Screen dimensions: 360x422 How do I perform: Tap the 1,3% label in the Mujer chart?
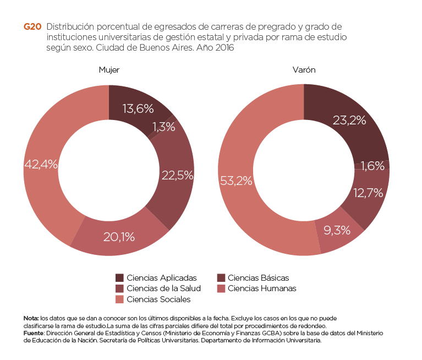(163, 127)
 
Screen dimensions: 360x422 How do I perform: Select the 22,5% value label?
(177, 176)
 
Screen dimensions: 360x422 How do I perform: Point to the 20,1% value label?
(119, 237)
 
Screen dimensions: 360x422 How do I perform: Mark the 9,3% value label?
(337, 231)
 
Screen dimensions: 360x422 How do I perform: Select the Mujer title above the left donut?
(109, 70)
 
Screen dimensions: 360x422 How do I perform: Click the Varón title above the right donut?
(304, 70)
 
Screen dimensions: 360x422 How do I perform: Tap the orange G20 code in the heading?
(32, 27)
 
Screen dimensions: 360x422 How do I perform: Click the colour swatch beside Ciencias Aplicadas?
(119, 278)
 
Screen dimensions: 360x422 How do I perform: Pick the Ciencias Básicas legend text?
(258, 278)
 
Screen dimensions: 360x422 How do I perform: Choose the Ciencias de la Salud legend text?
(163, 288)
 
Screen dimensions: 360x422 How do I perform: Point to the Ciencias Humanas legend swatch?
(221, 288)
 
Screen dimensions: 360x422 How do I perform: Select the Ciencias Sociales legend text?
(158, 299)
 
